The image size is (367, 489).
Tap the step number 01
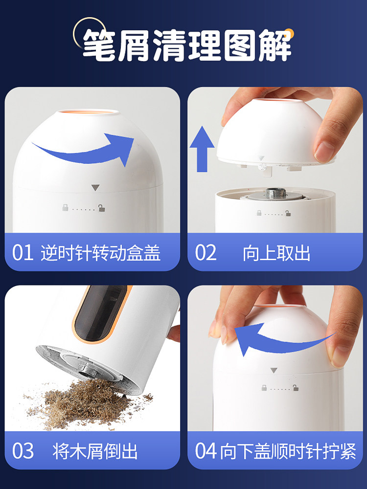pos(23,253)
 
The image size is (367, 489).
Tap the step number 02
pos(206,253)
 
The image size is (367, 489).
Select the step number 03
pos(23,451)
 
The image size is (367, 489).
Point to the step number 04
pos(206,451)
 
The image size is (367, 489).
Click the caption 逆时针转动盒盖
pos(101,253)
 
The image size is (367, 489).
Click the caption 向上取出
pos(276,253)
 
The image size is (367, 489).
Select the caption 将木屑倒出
pos(95,451)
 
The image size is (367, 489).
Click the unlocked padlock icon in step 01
pos(102,208)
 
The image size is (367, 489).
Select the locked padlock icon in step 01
pos(65,208)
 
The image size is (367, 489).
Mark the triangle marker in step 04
pos(274,370)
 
